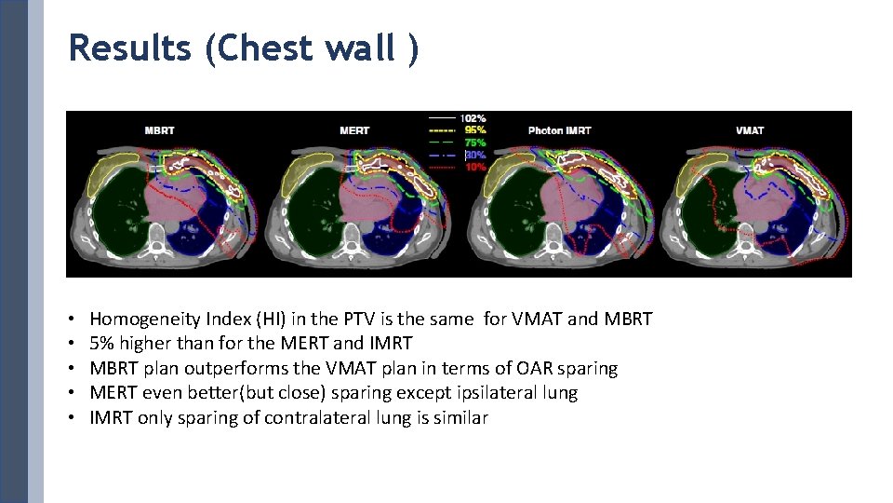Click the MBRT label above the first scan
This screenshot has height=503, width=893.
159,130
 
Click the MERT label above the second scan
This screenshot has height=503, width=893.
353,130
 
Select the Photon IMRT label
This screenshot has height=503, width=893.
559,130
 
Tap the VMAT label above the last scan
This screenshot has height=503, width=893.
749,130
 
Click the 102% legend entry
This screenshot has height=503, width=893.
474,118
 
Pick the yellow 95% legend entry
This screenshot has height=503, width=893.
474,129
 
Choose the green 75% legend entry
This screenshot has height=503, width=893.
474,142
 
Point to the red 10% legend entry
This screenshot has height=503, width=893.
474,166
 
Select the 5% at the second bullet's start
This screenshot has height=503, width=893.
100,344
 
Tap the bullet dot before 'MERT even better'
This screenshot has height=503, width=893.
73,393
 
